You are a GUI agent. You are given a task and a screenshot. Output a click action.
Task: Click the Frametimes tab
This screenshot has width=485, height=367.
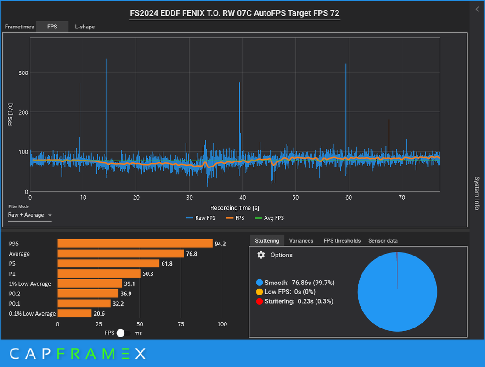coord(19,27)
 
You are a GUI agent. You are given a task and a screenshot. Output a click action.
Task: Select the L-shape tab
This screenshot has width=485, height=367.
coord(85,27)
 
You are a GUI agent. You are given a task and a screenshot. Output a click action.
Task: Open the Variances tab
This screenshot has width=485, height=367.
coord(301,241)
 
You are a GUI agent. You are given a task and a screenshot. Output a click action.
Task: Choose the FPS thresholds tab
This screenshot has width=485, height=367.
coord(342,241)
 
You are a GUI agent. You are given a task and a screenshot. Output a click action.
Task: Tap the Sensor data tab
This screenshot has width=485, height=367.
coord(383,241)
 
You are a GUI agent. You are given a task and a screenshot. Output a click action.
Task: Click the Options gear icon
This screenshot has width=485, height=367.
coord(261,255)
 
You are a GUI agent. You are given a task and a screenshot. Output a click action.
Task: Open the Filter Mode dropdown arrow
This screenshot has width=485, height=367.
coord(50,215)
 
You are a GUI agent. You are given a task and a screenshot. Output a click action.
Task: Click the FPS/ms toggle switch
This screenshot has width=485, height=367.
coord(124,333)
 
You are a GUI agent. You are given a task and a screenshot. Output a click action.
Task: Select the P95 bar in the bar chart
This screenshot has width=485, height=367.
coord(135,244)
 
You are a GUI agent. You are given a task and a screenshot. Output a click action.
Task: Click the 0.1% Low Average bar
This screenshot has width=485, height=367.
coord(74,314)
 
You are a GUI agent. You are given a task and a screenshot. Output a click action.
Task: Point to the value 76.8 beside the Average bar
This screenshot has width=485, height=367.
coord(192,254)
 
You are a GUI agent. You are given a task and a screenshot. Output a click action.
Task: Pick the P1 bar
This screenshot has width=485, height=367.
coord(99,273)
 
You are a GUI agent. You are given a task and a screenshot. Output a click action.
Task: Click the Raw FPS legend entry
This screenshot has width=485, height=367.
coord(201,218)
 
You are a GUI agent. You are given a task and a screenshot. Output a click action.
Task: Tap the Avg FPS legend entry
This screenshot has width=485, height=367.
coord(269,218)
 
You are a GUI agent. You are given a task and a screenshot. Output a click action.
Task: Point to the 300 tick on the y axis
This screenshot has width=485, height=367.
coord(23,73)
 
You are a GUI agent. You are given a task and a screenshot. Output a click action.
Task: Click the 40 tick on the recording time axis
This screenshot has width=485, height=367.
coord(242,197)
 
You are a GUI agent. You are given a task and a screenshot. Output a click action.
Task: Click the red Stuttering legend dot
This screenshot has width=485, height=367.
coord(259,301)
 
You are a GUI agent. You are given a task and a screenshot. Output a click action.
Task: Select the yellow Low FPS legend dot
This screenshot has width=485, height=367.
coord(259,292)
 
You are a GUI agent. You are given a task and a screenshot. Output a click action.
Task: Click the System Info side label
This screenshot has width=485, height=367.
coord(477,193)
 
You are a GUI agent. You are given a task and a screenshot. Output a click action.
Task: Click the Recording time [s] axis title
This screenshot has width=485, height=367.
coord(235,208)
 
